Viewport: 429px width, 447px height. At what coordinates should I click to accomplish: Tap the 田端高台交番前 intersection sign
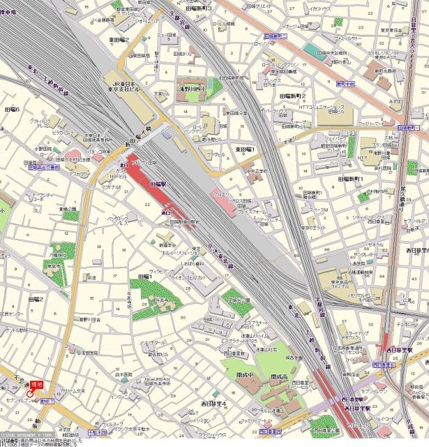tap(43, 168)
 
